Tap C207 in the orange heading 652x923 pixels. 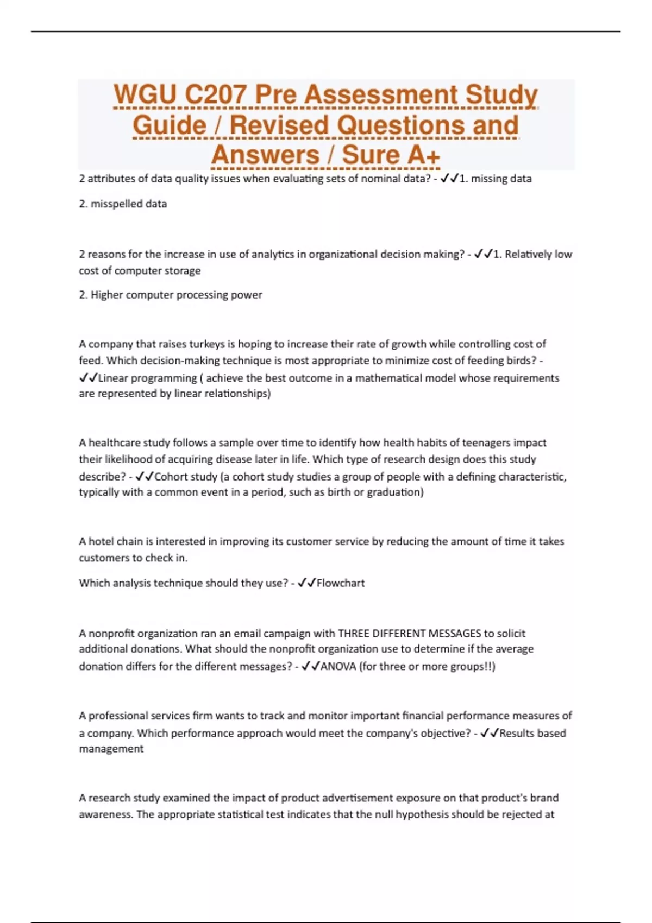coord(215,94)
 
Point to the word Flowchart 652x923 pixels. coord(341,583)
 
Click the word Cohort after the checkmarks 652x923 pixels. coord(170,477)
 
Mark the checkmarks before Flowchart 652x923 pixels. coord(307,583)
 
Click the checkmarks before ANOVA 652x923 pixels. coord(310,666)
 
